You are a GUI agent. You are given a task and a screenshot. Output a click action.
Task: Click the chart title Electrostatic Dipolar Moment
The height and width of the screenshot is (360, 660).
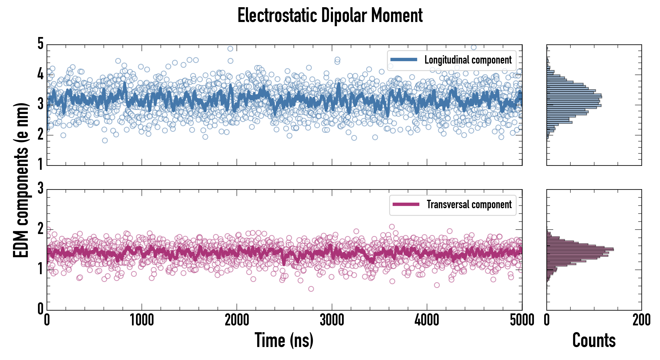click(x=330, y=15)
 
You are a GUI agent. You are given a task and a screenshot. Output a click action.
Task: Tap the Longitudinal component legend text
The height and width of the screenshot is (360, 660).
click(x=468, y=60)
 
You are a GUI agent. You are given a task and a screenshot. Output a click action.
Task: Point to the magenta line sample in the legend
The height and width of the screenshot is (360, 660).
click(x=406, y=204)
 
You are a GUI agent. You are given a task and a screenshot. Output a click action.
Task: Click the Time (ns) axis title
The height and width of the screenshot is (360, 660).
click(x=284, y=340)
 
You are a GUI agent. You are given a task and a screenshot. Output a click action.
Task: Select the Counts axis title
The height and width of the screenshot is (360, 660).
click(x=594, y=340)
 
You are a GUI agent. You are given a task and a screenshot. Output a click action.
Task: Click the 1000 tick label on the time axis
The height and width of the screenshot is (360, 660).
click(x=142, y=320)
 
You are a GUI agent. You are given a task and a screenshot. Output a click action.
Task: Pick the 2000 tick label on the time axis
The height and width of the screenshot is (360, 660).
click(x=237, y=320)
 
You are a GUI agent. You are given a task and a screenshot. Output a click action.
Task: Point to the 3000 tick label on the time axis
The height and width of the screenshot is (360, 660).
click(x=332, y=320)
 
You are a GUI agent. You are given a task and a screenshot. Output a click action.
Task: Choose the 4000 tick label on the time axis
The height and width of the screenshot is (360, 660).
click(x=427, y=320)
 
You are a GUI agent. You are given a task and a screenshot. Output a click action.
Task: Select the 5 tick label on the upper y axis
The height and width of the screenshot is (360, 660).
click(x=40, y=44)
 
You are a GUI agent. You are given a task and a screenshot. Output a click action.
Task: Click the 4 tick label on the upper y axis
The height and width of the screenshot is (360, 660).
click(x=40, y=74)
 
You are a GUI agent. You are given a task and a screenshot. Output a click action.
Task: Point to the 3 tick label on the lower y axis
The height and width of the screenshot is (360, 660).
click(x=40, y=188)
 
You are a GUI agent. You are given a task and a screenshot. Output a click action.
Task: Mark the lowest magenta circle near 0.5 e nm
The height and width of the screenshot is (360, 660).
click(x=311, y=289)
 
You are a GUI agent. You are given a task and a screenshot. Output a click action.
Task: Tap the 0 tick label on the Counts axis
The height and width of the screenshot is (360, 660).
click(x=547, y=320)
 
